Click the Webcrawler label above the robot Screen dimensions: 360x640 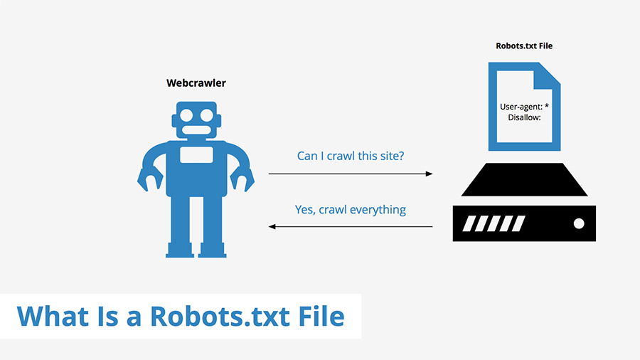click(x=196, y=83)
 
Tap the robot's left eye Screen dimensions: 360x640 click(x=186, y=115)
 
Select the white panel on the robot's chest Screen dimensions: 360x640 click(x=196, y=155)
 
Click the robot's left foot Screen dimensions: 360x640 click(x=179, y=250)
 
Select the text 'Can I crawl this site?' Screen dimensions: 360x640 click(x=351, y=155)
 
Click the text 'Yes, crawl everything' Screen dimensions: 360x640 click(x=351, y=209)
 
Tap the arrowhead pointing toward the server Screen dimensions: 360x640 click(x=429, y=173)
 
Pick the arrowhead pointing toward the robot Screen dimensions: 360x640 click(x=272, y=227)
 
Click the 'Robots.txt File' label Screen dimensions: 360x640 click(x=524, y=46)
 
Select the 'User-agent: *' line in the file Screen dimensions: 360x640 click(x=524, y=107)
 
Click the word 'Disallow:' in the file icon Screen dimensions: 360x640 click(x=524, y=117)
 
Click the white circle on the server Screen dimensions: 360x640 click(x=578, y=223)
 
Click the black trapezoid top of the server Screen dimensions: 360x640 click(x=524, y=179)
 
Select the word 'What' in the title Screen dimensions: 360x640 click(x=52, y=315)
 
